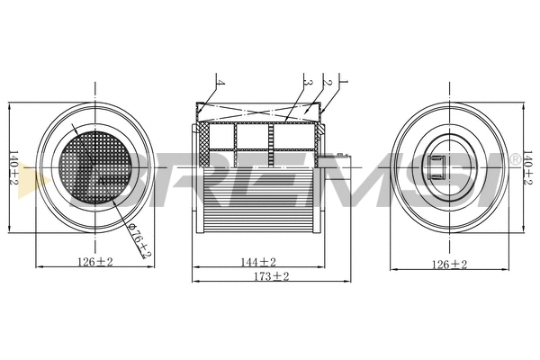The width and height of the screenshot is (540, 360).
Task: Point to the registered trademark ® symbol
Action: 514,159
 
